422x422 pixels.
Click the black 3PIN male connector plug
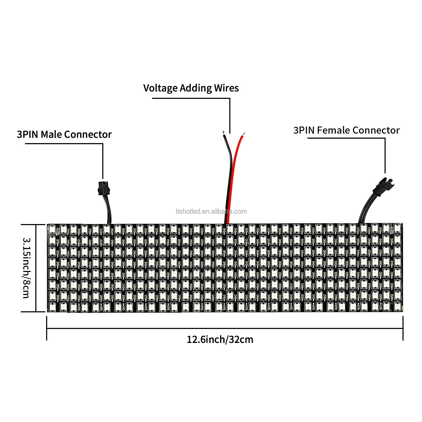[103, 188]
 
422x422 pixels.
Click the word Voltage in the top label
[160, 88]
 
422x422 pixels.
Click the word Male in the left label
[51, 134]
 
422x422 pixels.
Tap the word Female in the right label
[333, 130]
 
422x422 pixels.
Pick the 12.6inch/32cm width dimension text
[220, 339]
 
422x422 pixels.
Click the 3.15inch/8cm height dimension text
[27, 268]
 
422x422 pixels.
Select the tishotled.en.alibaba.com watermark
[211, 211]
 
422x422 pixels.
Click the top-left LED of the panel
[52, 229]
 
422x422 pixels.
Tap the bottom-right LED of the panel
[397, 307]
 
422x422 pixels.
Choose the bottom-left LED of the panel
[52, 307]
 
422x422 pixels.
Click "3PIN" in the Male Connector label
[28, 134]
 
